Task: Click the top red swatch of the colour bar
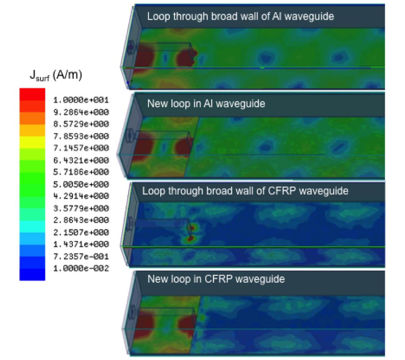pos(32,94)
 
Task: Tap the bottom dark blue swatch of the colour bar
pos(32,274)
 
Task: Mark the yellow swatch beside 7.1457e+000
pos(32,142)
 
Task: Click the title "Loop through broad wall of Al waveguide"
pos(241,17)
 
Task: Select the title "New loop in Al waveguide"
pos(206,104)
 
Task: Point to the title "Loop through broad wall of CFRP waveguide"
pos(245,191)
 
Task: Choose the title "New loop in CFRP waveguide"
pos(216,279)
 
